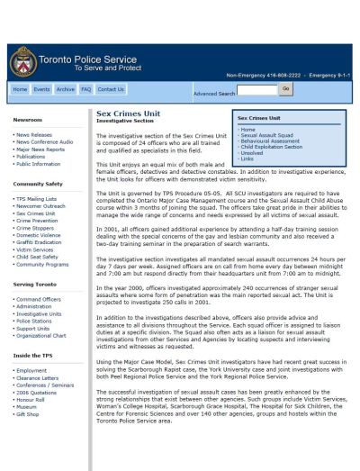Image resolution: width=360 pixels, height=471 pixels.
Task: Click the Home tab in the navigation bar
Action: pyautogui.click(x=20, y=90)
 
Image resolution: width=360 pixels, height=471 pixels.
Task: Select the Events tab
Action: pyautogui.click(x=41, y=90)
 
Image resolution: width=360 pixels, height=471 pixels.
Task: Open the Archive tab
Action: pyautogui.click(x=65, y=90)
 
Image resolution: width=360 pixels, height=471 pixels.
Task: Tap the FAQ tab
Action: pyautogui.click(x=86, y=90)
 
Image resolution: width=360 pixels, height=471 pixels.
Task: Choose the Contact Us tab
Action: pyautogui.click(x=111, y=90)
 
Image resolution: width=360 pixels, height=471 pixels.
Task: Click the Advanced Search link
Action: pyautogui.click(x=214, y=93)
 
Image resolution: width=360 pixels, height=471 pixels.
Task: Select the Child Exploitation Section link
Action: pyautogui.click(x=271, y=147)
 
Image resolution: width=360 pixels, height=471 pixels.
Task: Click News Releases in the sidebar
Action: pyautogui.click(x=32, y=134)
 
